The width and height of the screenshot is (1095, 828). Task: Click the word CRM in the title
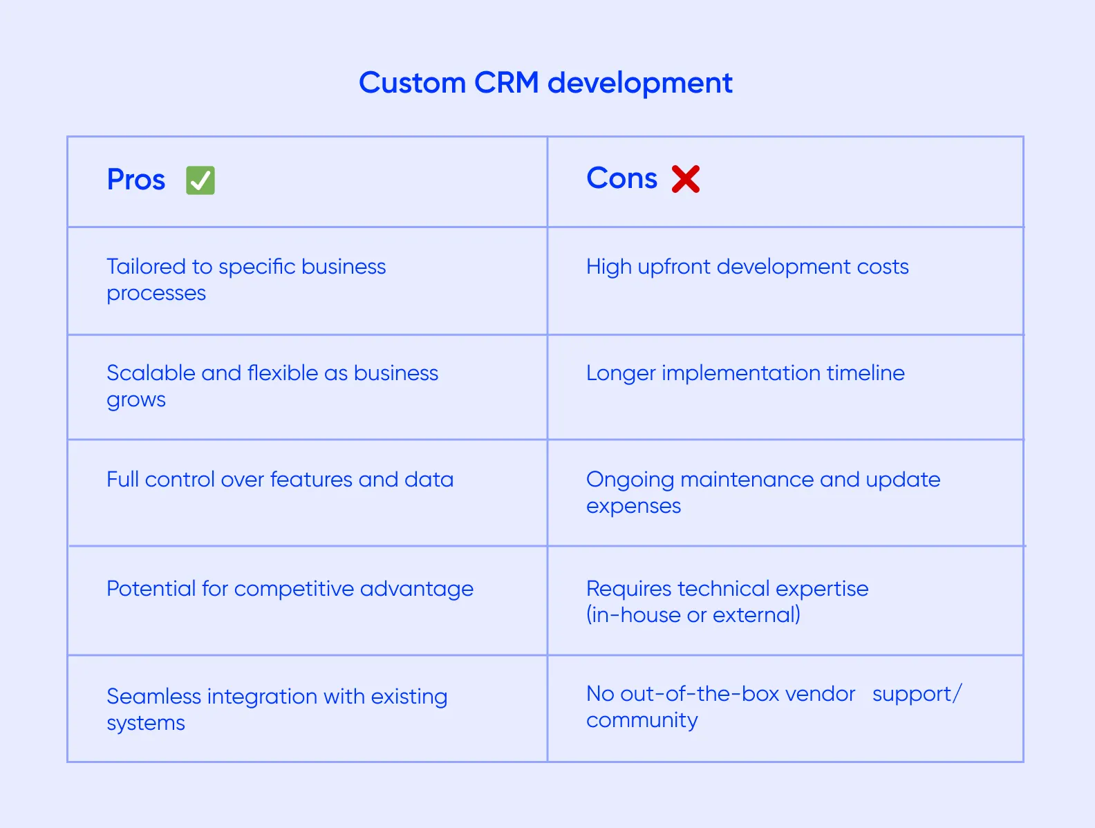point(506,83)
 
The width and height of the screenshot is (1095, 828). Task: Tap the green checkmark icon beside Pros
point(200,180)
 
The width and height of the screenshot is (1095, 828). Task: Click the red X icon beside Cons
point(686,179)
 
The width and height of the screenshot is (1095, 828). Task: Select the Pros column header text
point(136,180)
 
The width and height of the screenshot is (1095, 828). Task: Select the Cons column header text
point(621,178)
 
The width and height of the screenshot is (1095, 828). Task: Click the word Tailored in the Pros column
point(146,267)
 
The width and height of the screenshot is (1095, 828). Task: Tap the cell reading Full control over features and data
point(280,480)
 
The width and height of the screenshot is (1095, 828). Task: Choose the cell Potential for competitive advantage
point(290,589)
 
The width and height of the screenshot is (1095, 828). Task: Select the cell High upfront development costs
point(747,267)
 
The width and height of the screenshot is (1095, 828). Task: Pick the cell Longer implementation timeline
point(745,373)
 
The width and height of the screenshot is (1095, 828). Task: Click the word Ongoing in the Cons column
point(630,480)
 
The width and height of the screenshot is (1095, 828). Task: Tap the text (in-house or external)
point(693,615)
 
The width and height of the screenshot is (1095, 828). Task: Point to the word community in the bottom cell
point(642,720)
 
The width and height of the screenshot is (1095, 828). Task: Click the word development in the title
point(639,83)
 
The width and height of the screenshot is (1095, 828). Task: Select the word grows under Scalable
point(136,400)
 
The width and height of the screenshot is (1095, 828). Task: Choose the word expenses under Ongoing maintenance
point(633,507)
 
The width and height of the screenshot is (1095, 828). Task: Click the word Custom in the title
point(412,83)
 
